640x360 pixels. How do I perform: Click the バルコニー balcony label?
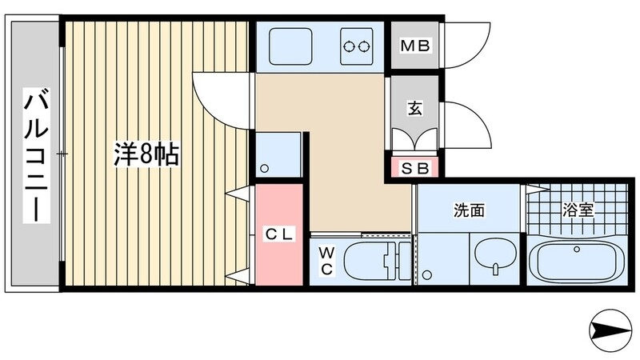click(x=37, y=155)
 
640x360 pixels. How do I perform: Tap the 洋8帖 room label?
click(x=146, y=154)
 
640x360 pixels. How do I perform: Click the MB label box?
click(x=415, y=46)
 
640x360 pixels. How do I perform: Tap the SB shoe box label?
click(x=415, y=169)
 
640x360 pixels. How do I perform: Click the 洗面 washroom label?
click(x=470, y=210)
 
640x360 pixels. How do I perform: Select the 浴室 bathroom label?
click(x=578, y=210)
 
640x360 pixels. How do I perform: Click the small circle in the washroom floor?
click(x=427, y=276)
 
